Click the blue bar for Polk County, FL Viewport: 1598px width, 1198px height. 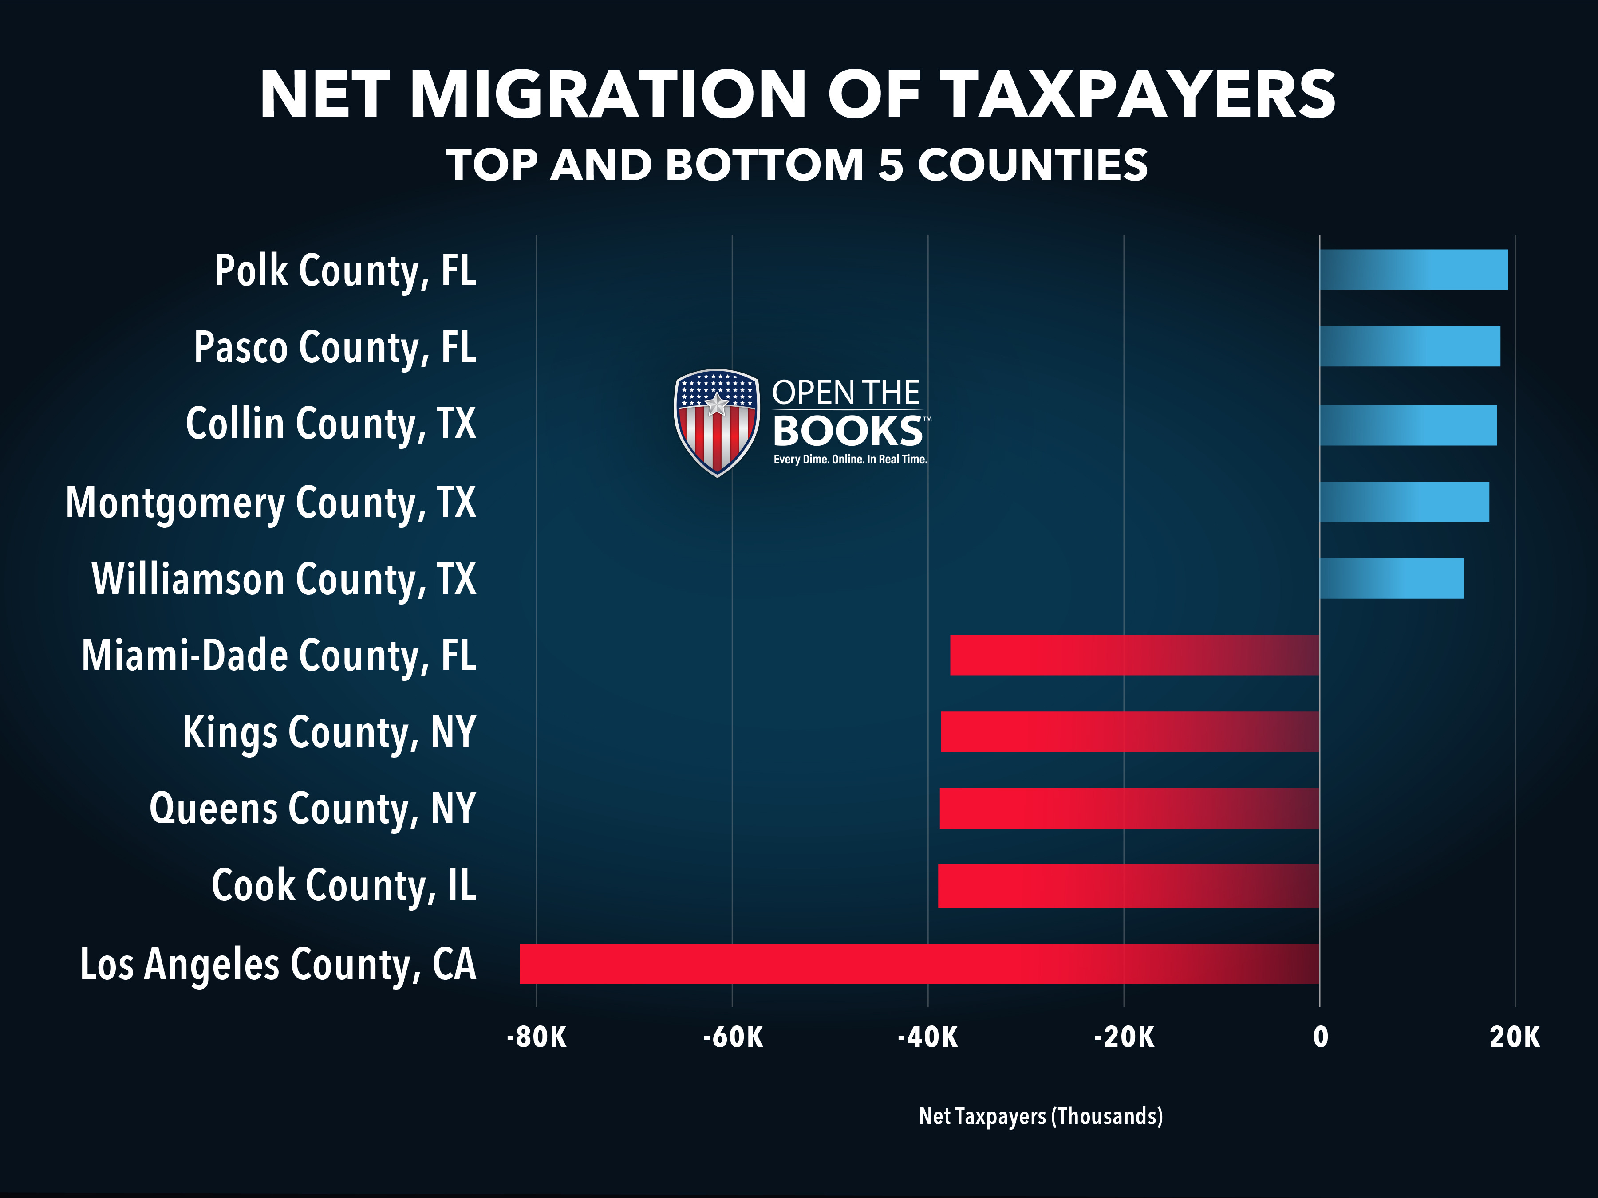coord(1414,269)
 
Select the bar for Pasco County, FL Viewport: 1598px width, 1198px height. coord(1410,346)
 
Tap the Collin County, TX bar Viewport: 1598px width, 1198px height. coord(1408,425)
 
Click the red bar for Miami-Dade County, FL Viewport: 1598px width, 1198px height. coord(1135,655)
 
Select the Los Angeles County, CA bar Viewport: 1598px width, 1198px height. coord(919,963)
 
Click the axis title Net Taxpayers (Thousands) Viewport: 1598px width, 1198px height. coord(1041,1116)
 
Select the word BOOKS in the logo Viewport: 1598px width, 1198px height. coord(848,431)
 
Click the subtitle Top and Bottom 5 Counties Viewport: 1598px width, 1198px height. coord(797,165)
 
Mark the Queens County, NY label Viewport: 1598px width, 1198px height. coord(313,808)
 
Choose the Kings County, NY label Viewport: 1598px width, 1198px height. coord(329,732)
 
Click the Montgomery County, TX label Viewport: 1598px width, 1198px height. coord(271,503)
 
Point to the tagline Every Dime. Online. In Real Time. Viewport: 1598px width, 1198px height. coord(850,459)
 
